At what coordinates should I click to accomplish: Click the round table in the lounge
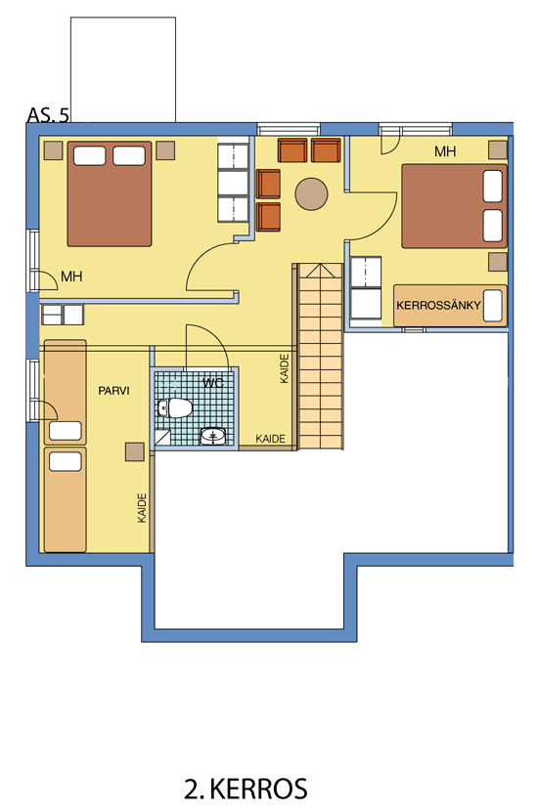[x=311, y=194]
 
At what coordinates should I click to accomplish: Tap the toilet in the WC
[x=175, y=408]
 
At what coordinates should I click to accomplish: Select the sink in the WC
[x=213, y=437]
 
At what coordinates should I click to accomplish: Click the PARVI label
[x=113, y=391]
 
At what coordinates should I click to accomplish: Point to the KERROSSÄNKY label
[x=438, y=305]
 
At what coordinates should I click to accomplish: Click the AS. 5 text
[x=48, y=114]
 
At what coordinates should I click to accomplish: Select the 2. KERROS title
[x=246, y=789]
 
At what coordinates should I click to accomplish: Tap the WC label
[x=213, y=383]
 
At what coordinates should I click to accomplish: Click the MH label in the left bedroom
[x=71, y=277]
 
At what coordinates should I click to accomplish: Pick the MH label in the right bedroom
[x=445, y=151]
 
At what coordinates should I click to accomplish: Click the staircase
[x=321, y=356]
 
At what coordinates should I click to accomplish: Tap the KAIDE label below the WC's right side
[x=270, y=439]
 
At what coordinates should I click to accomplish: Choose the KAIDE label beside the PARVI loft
[x=143, y=508]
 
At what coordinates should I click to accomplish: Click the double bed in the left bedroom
[x=110, y=194]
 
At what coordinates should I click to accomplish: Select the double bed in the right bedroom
[x=454, y=206]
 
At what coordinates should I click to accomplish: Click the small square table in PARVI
[x=135, y=451]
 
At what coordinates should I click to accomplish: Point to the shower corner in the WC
[x=162, y=438]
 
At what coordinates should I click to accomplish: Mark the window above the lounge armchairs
[x=289, y=129]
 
